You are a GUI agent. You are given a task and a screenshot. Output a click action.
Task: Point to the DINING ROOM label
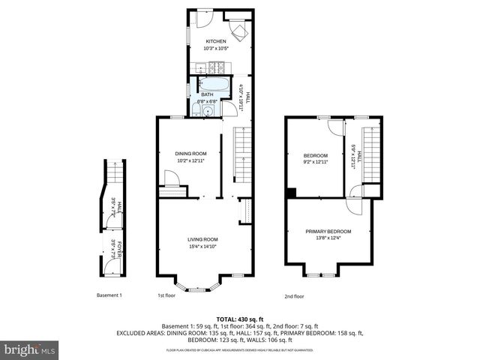coord(190,153)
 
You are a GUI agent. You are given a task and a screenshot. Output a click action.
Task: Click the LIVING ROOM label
coord(202,238)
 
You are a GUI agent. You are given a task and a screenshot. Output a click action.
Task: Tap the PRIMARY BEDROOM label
coord(328,231)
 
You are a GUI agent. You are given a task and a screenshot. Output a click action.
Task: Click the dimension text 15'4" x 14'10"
coord(202,246)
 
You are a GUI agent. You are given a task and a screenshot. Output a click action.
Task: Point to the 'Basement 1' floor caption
coord(109,295)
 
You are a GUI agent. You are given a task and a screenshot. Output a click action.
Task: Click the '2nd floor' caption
coord(294,295)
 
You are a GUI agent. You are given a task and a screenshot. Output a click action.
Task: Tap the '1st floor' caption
coord(166,295)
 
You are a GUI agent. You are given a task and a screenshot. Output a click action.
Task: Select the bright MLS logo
coord(30,349)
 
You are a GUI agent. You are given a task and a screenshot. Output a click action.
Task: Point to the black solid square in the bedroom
coord(289,193)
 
